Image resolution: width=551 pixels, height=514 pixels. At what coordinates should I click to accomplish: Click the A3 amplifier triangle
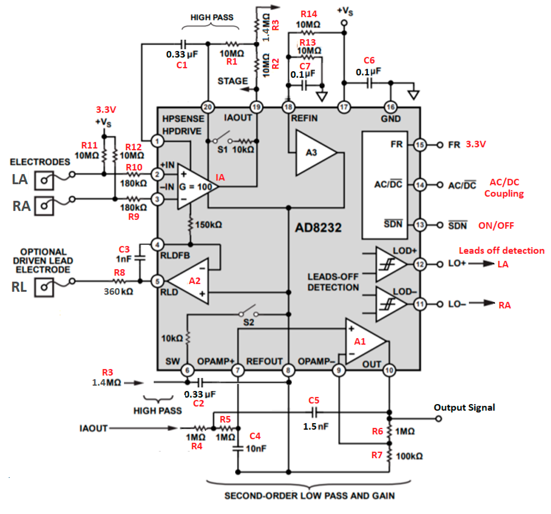[313, 153]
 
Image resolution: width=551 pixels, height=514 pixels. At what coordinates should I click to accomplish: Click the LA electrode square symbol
[44, 181]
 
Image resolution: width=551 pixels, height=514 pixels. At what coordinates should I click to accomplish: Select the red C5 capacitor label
[314, 400]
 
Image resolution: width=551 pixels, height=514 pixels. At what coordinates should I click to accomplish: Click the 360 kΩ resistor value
[118, 291]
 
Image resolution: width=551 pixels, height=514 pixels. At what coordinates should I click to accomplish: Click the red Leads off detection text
[501, 251]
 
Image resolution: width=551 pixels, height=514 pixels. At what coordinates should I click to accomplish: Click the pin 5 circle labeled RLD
[157, 281]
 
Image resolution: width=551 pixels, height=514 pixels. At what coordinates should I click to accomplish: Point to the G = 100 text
[195, 187]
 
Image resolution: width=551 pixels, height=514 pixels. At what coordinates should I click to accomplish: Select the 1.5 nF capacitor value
[316, 426]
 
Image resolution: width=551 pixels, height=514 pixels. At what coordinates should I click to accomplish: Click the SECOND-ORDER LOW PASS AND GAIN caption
[309, 496]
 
